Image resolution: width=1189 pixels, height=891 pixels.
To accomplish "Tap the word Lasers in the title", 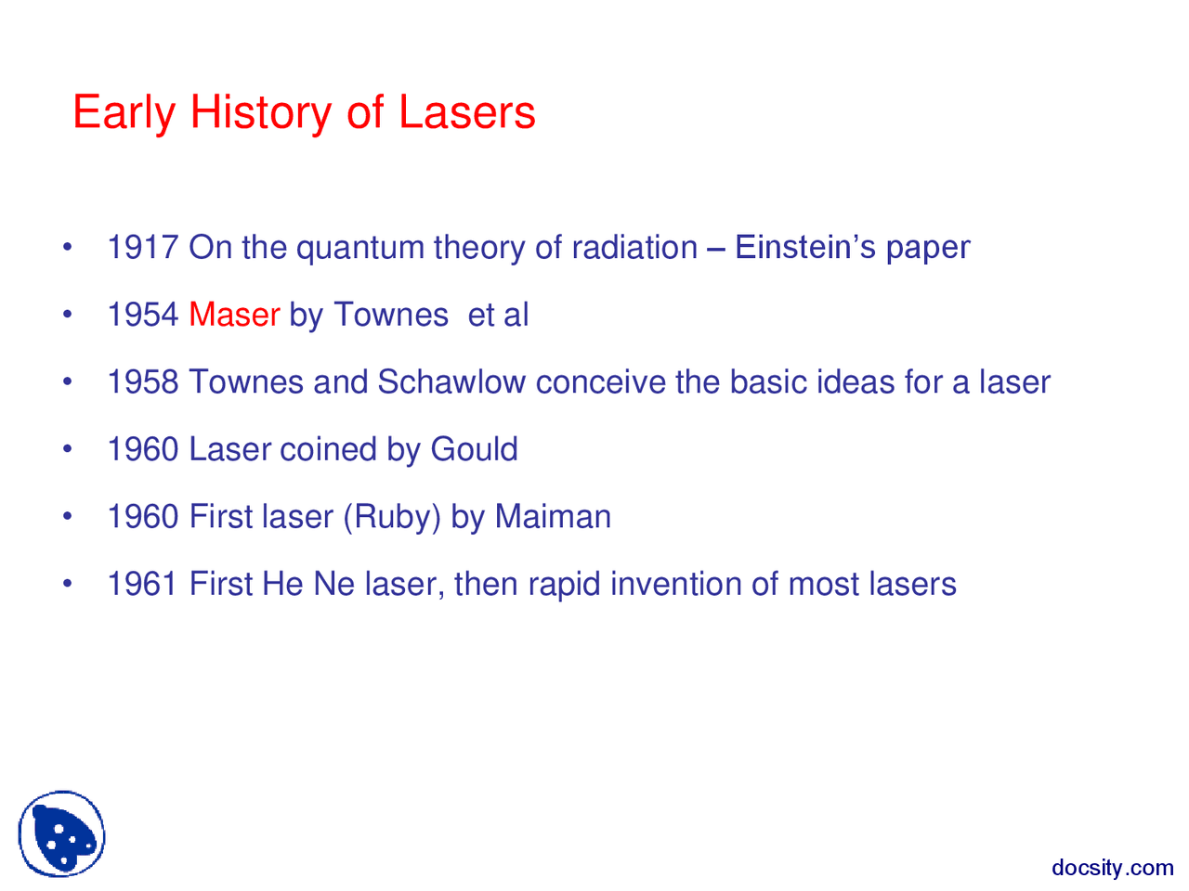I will (x=467, y=112).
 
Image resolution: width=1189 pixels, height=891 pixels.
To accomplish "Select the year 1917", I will (x=142, y=248).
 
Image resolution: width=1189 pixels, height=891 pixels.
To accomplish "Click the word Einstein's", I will (x=804, y=248).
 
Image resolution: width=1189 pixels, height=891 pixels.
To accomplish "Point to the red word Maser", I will (x=234, y=316).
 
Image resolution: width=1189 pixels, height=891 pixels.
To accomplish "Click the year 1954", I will (x=142, y=316).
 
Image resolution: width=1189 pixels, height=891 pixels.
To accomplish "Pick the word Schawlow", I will (x=451, y=382).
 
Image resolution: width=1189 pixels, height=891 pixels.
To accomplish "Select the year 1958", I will (x=142, y=382).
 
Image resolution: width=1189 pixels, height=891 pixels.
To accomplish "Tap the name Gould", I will (x=474, y=450).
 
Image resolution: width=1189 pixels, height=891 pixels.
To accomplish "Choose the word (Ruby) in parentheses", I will (x=392, y=517).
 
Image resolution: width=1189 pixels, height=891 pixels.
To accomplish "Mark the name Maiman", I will (x=553, y=517).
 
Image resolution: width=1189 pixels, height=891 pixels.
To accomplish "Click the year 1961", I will (x=142, y=585).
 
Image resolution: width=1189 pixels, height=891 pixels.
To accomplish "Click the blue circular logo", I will (x=61, y=833).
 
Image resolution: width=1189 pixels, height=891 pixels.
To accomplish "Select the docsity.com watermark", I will (x=1112, y=868).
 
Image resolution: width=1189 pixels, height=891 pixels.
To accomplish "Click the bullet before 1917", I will (x=67, y=249).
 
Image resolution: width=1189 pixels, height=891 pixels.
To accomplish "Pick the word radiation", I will (x=634, y=248).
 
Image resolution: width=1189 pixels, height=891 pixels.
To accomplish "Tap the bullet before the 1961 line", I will (x=67, y=585).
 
